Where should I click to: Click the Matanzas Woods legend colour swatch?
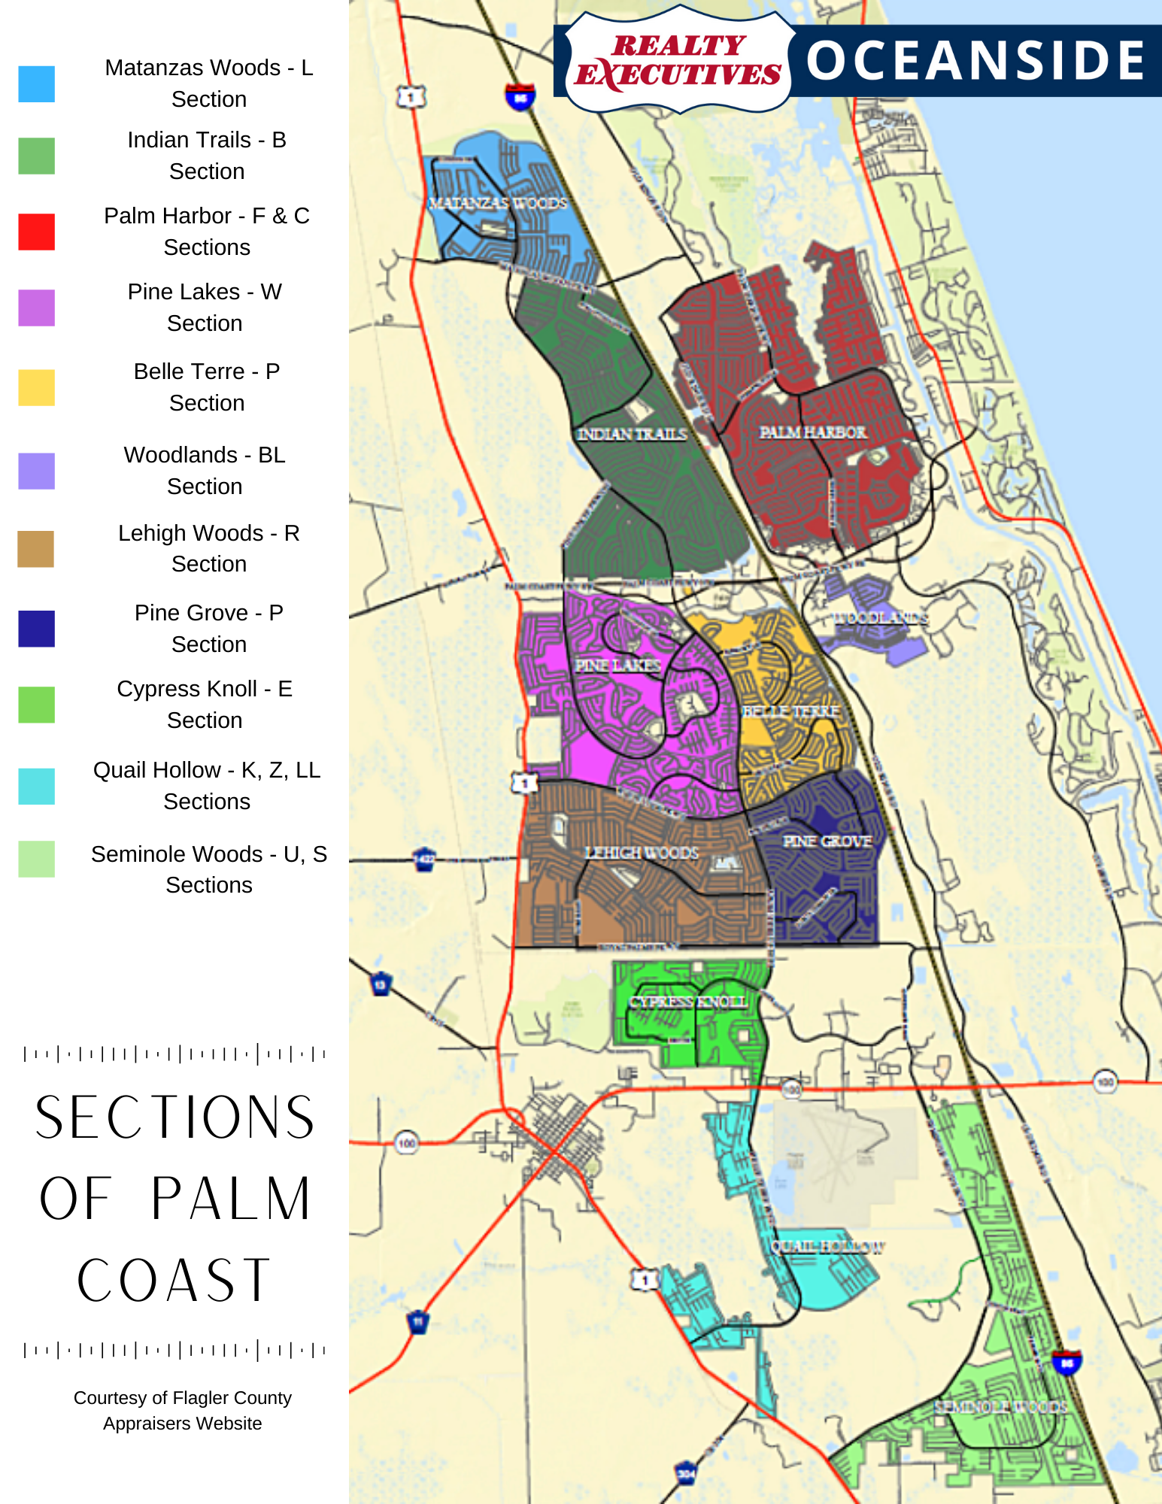click(36, 83)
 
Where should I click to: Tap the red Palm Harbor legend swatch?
click(36, 231)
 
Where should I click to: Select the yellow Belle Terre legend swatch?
click(36, 387)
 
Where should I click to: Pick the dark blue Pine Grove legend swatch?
click(36, 629)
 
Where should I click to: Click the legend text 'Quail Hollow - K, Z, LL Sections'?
click(207, 785)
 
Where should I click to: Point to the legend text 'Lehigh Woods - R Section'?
click(208, 548)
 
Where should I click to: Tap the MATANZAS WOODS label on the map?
click(498, 203)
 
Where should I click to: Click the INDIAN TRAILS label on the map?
click(632, 434)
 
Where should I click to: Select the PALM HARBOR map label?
click(813, 432)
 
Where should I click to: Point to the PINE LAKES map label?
click(617, 666)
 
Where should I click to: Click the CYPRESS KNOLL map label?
click(688, 1002)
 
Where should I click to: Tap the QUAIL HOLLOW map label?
click(827, 1247)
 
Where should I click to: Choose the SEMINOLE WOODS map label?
click(1000, 1406)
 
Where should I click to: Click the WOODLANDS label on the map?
click(881, 618)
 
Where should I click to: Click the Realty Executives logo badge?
click(678, 60)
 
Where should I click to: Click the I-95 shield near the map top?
click(520, 97)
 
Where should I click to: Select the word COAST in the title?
click(174, 1280)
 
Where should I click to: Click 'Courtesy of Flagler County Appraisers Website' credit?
click(183, 1410)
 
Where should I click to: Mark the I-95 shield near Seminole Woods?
click(1066, 1363)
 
